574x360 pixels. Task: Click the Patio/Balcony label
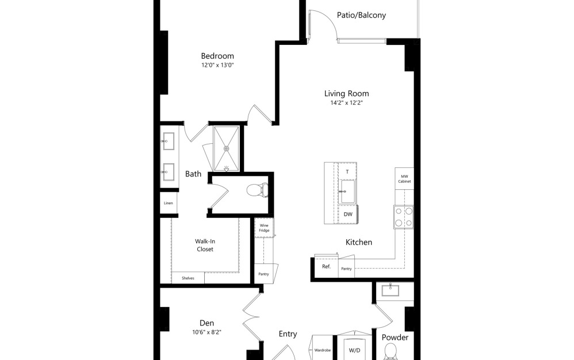(361, 16)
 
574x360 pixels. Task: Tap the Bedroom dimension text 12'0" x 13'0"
(217, 66)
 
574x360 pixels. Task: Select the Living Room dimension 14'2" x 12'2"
(346, 103)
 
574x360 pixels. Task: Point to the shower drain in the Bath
(227, 148)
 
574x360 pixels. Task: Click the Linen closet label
(169, 203)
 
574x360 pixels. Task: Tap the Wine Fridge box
(264, 228)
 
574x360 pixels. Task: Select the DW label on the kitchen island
(347, 214)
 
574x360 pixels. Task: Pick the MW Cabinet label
(404, 179)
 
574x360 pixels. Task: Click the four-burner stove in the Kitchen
(403, 217)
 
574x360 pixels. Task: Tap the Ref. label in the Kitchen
(326, 267)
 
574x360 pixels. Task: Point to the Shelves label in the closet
(187, 278)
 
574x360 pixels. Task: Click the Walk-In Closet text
(204, 246)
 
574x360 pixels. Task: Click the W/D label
(354, 350)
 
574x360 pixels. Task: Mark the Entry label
(288, 334)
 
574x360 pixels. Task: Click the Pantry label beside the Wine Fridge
(263, 274)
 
